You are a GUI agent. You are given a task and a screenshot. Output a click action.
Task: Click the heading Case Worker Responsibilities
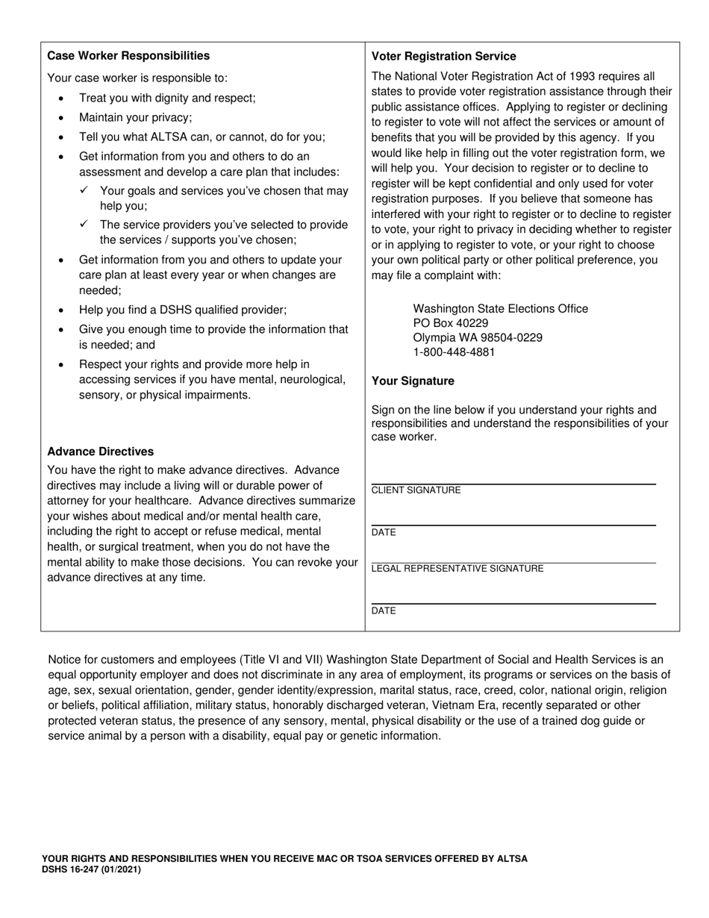[128, 56]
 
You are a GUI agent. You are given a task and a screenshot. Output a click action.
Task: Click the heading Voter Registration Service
[443, 56]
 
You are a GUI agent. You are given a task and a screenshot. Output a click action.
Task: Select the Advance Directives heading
[100, 452]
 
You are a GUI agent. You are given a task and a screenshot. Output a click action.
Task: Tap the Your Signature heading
[413, 381]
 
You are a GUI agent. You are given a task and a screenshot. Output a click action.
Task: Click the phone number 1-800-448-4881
[454, 352]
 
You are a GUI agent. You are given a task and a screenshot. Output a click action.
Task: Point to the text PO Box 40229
[451, 323]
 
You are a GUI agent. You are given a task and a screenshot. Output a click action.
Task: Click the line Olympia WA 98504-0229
[478, 337]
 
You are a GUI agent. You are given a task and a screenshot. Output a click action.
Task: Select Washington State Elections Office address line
[500, 309]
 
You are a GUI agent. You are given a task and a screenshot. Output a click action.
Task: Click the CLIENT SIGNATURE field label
[416, 490]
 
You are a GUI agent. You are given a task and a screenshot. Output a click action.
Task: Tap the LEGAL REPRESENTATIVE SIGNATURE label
[457, 569]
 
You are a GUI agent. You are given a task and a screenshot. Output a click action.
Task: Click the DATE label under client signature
[384, 533]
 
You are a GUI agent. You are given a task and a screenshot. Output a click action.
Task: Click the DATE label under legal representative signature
[384, 611]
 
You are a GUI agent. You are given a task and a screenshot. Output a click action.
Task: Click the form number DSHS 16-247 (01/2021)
[91, 869]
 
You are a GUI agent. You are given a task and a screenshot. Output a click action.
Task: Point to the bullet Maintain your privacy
[135, 117]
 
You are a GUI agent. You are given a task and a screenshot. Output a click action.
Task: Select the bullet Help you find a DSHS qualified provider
[182, 310]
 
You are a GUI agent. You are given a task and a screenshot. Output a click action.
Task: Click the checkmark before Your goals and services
[84, 190]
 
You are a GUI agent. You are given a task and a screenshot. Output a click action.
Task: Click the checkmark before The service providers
[84, 224]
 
